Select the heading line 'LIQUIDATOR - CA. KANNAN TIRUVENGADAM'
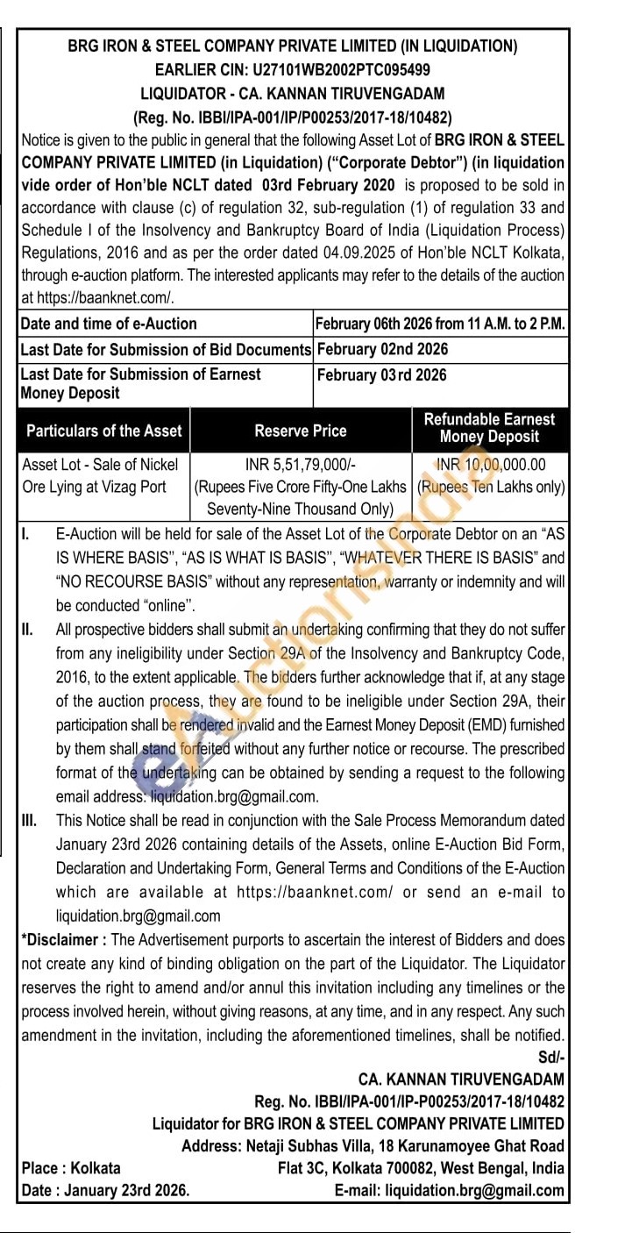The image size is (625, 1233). [x=293, y=93]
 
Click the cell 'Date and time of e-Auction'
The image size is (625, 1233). [x=109, y=324]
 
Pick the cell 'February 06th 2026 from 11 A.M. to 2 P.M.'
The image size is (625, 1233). [x=440, y=324]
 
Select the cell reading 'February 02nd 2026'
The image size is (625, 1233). [x=382, y=349]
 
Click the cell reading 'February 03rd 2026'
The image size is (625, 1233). [x=381, y=375]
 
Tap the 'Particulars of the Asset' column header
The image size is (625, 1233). [x=104, y=431]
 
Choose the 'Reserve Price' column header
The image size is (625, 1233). [x=301, y=431]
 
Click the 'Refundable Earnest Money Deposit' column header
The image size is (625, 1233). [x=489, y=428]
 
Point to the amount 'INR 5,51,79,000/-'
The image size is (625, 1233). [x=301, y=465]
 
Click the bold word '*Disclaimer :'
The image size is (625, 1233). [x=65, y=940]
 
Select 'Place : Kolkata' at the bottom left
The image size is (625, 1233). [x=71, y=1168]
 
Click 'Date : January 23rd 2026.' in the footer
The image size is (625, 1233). [x=105, y=1190]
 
